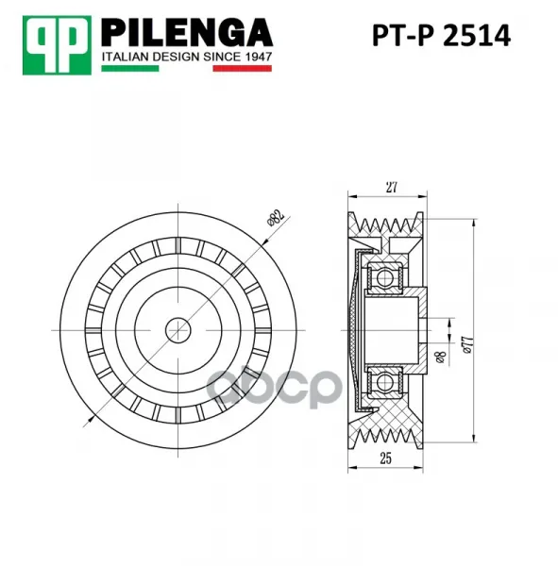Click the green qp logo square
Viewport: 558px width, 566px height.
[x=57, y=45]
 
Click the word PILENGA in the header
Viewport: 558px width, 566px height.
[x=187, y=33]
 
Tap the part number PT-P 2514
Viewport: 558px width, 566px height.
[x=441, y=36]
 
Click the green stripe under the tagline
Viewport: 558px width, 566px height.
[x=130, y=68]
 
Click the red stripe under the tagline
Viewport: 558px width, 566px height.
[x=242, y=68]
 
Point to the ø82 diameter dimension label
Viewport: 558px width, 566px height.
[x=276, y=217]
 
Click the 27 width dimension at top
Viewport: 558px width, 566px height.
[x=391, y=188]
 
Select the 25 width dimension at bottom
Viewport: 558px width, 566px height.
[x=385, y=458]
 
